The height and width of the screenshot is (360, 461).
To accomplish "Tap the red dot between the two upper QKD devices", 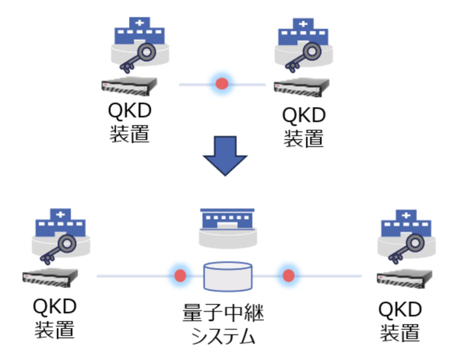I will tap(222, 84).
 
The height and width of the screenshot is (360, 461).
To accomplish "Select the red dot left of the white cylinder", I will tap(180, 276).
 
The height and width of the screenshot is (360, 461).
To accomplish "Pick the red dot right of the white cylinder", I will tap(289, 276).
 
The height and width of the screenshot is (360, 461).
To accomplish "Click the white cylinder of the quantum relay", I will tap(228, 276).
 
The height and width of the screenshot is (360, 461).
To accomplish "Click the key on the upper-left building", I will tap(134, 56).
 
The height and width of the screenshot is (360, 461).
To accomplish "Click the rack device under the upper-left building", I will tap(129, 87).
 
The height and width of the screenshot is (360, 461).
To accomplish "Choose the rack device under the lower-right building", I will tap(405, 279).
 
